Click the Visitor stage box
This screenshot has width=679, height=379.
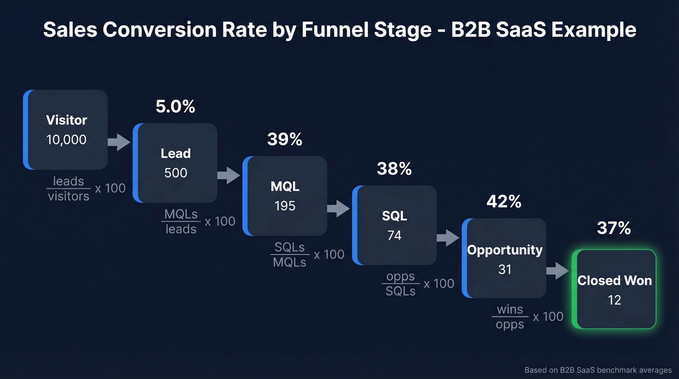point(65,130)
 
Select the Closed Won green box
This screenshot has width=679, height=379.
point(614,289)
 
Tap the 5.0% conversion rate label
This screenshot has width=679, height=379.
point(175,107)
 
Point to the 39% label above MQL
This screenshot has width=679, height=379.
point(285,140)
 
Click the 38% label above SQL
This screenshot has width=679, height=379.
point(394,169)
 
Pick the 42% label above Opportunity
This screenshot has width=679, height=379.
point(504,202)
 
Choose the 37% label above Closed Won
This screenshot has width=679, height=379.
point(614,228)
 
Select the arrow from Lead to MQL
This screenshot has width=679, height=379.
point(229,175)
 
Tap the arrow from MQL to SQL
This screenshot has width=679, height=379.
point(339,209)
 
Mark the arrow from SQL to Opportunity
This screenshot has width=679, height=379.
point(448,238)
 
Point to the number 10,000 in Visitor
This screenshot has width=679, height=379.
point(66,140)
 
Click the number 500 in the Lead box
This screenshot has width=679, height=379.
point(176,173)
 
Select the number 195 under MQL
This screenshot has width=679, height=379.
point(285,206)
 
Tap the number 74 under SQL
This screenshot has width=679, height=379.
point(394,235)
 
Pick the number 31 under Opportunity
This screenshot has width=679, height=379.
point(504,269)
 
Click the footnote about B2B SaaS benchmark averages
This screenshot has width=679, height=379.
point(598,370)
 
